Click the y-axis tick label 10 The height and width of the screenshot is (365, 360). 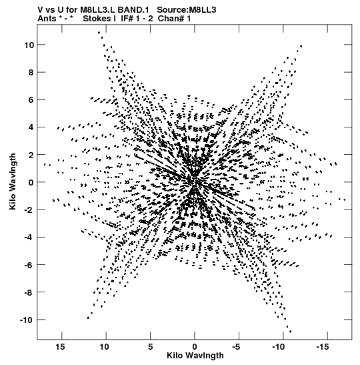click(29, 45)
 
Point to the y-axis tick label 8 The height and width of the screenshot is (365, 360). click(31, 72)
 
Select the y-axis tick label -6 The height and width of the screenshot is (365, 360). click(29, 265)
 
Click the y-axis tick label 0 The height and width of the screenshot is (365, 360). click(31, 182)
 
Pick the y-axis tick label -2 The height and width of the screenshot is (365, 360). click(29, 210)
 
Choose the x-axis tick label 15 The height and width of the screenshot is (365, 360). click(60, 347)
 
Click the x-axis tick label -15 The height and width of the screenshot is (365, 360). click(323, 347)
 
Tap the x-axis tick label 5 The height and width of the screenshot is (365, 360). click(151, 347)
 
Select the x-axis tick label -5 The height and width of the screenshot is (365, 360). click(236, 347)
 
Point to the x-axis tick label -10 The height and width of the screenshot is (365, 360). click(279, 347)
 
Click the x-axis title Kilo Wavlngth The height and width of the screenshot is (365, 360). click(195, 356)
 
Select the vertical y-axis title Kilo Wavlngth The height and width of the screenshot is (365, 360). click(13, 181)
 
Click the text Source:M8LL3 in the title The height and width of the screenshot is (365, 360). click(187, 10)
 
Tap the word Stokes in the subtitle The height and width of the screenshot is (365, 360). click(97, 19)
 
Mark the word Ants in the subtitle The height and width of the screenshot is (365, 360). click(47, 19)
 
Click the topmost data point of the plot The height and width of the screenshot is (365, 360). click(99, 33)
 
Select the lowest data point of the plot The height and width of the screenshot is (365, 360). click(290, 332)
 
